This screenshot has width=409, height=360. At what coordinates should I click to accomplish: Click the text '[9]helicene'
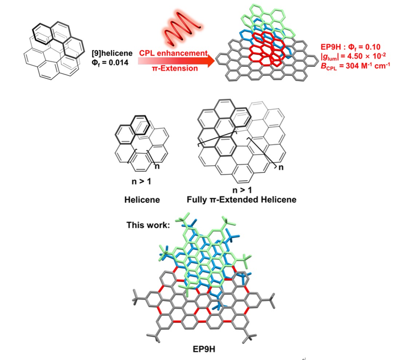(109, 55)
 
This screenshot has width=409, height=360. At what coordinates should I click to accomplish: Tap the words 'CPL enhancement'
(173, 53)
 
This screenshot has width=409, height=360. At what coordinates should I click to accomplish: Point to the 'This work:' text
(148, 225)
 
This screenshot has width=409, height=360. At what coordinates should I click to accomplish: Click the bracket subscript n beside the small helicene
(158, 167)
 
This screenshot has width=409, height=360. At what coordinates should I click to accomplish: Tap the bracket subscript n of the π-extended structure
(280, 168)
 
